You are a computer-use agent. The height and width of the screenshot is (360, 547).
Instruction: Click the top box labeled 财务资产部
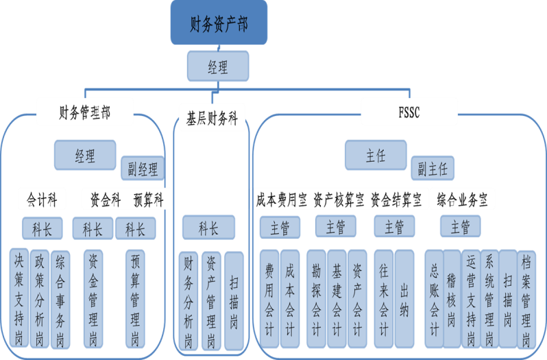[219, 24]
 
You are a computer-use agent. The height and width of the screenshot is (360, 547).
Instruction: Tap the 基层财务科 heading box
[212, 115]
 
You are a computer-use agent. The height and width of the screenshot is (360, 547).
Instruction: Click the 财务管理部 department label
[84, 112]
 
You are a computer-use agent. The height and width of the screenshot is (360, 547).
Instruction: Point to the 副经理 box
[142, 168]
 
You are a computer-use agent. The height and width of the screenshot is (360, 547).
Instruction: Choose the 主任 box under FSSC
[376, 155]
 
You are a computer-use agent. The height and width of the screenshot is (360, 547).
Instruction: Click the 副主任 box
[433, 168]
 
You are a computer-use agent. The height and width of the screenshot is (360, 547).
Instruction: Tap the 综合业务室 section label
[465, 200]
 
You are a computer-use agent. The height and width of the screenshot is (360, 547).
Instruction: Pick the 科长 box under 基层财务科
[208, 227]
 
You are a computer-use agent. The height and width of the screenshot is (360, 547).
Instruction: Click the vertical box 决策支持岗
[20, 298]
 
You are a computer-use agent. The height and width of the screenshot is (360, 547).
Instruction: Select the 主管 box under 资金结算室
[393, 226]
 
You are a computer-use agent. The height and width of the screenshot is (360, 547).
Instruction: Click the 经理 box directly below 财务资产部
[217, 67]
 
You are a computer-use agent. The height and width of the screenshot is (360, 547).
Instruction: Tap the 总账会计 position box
[433, 298]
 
